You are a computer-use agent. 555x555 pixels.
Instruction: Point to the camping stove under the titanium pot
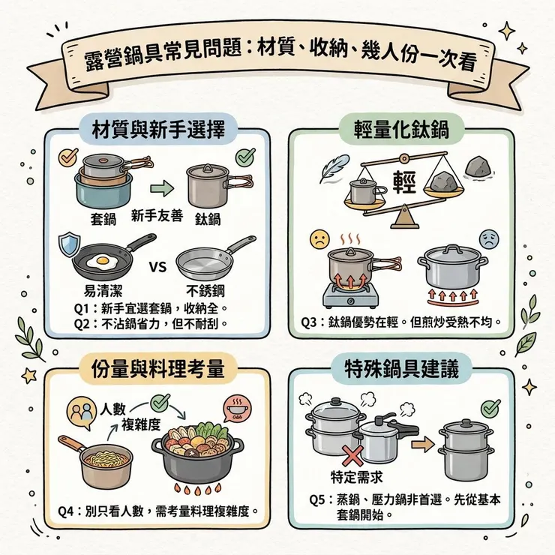pyautogui.click(x=349, y=295)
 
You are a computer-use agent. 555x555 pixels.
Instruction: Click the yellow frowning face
pyautogui.click(x=320, y=241)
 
